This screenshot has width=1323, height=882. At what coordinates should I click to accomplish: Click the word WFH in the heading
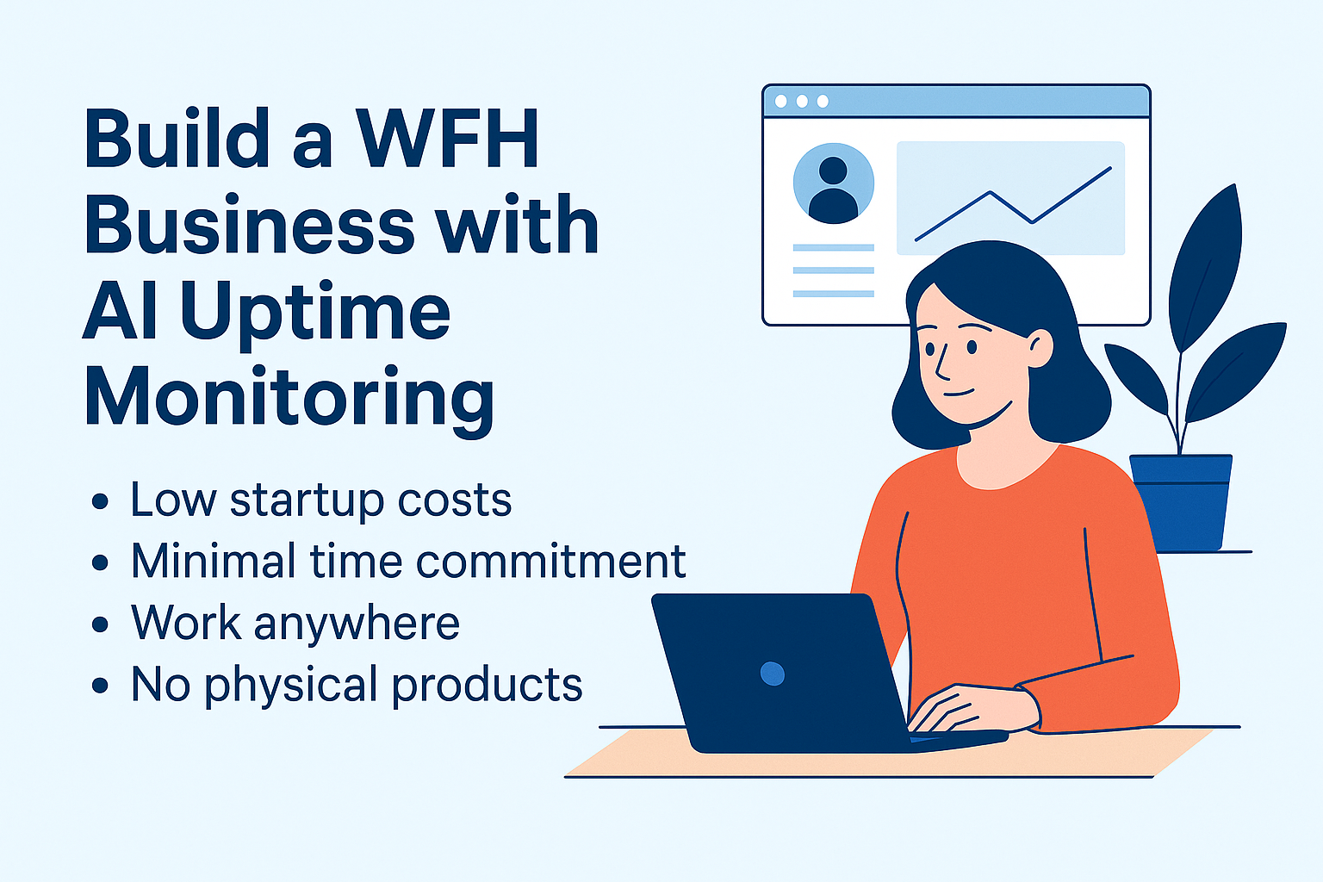tap(446, 138)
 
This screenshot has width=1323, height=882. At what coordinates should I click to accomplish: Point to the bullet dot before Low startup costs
tap(100, 501)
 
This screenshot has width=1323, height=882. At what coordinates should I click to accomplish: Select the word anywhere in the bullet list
tap(357, 624)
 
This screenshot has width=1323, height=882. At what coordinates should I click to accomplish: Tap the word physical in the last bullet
tap(291, 686)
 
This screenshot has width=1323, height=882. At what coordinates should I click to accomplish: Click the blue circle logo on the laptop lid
tap(773, 674)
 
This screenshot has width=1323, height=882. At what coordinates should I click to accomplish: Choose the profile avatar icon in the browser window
tap(834, 183)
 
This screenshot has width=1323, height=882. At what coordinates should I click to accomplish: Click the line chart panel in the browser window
tap(1010, 198)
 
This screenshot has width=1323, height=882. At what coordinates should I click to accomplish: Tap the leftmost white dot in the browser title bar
tap(781, 102)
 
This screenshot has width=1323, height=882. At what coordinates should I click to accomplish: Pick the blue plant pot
tap(1181, 502)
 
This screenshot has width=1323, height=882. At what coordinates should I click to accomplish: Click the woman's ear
tap(1040, 348)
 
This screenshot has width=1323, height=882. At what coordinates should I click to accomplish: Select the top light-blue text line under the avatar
tap(834, 247)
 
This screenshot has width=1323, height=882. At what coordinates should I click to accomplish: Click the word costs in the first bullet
tap(454, 501)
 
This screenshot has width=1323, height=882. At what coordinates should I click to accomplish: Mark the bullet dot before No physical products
tap(100, 686)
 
